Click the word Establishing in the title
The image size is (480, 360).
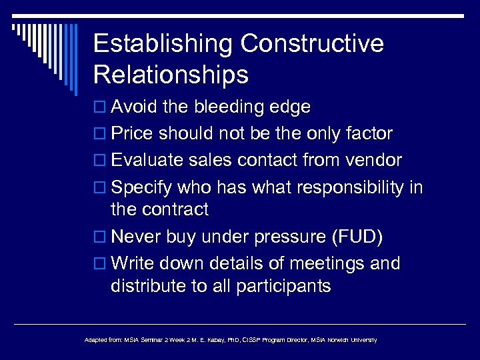tap(163, 44)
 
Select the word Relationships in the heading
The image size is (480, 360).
tap(171, 74)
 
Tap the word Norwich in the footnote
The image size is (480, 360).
tap(337, 340)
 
